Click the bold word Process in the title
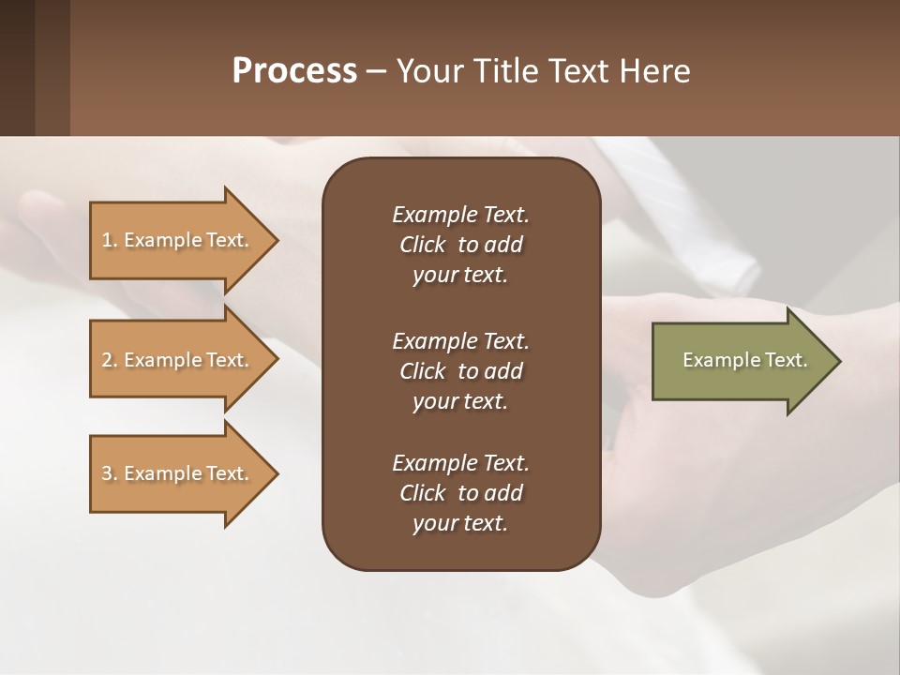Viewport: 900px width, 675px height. [294, 71]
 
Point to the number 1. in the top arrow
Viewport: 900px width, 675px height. [110, 240]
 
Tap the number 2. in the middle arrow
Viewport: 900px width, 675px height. [110, 360]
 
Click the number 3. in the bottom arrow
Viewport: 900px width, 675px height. [110, 473]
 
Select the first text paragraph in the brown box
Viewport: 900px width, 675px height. [460, 245]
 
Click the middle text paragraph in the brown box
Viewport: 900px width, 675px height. [460, 371]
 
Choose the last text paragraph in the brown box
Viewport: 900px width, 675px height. [460, 493]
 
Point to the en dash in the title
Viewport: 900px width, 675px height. [376, 72]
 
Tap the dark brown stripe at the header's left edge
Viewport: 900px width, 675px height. [18, 67]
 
